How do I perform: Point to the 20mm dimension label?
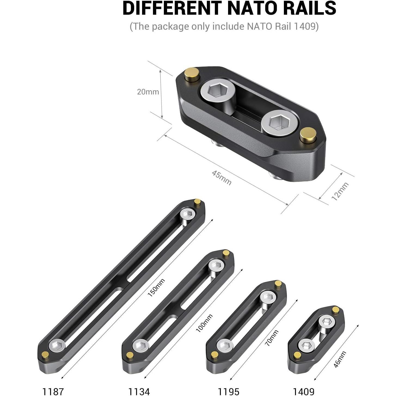tap(148, 92)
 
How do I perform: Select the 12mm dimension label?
tap(340, 192)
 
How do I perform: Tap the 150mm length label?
tap(156, 288)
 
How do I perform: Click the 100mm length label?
tap(204, 323)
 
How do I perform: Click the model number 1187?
tap(53, 391)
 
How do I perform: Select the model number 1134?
tap(139, 391)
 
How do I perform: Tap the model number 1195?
tap(228, 391)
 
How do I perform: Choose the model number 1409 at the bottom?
tap(303, 391)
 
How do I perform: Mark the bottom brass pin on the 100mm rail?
tap(130, 355)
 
